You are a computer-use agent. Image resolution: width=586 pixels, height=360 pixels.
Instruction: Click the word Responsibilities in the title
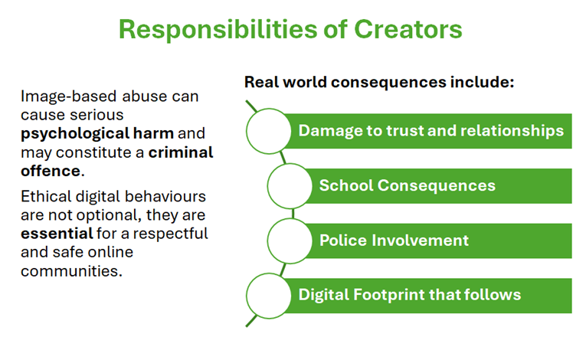click(218, 30)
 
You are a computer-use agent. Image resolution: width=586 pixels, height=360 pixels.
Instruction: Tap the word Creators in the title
click(408, 29)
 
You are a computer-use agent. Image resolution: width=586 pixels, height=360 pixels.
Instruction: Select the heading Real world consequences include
click(379, 82)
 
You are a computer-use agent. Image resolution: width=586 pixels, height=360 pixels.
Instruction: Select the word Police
click(343, 241)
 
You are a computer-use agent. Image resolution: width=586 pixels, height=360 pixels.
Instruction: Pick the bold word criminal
click(181, 152)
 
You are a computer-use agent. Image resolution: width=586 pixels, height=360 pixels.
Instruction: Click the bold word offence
click(51, 171)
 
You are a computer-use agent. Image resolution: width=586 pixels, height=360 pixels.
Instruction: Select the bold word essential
click(57, 234)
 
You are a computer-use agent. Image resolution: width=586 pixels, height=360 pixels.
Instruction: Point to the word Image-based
click(69, 97)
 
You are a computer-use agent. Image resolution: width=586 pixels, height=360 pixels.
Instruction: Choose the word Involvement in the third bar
click(420, 241)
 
